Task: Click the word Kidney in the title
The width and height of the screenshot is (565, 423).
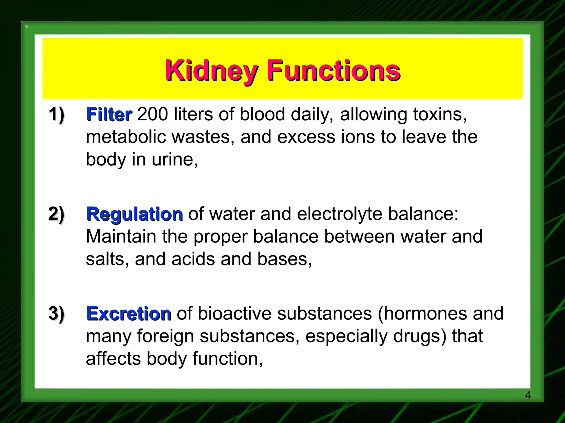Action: tap(211, 71)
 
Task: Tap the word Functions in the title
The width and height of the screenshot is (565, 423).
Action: tap(334, 71)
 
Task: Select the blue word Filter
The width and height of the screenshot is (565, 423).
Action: tap(109, 115)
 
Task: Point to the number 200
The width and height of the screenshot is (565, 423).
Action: tap(153, 114)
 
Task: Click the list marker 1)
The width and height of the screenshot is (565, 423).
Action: tap(57, 115)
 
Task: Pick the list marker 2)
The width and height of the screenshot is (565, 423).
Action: tap(57, 214)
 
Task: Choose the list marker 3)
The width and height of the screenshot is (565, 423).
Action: tap(57, 313)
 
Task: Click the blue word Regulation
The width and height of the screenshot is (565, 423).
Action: tap(134, 214)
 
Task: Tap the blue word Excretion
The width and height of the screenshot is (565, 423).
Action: tap(129, 314)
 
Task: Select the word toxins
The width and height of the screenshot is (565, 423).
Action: tap(440, 114)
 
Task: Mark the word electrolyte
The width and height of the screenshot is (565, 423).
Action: tap(340, 214)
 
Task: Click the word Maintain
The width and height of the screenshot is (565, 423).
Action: tap(121, 237)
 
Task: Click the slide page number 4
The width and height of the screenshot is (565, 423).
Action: tap(527, 395)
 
